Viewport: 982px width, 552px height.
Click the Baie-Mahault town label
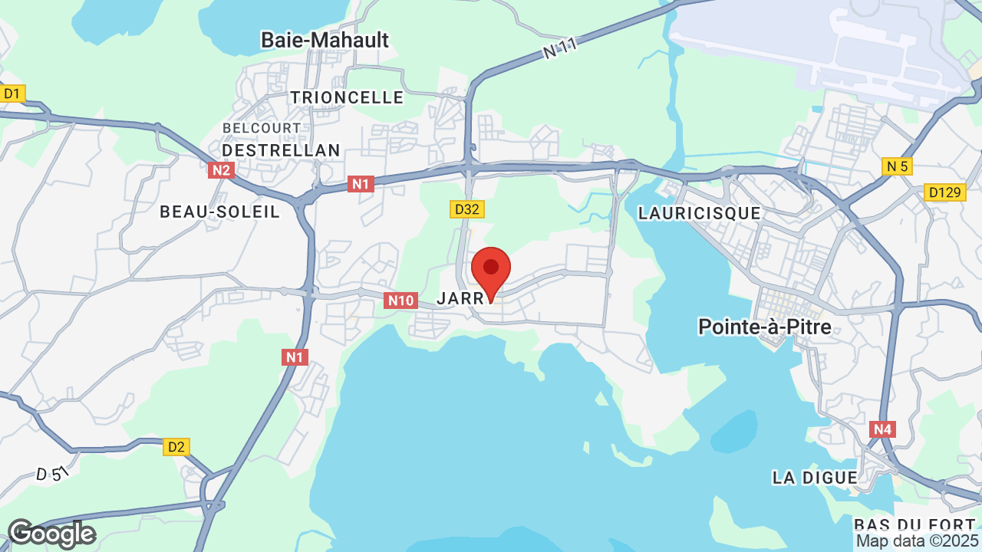click(325, 40)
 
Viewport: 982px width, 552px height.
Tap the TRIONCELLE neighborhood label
click(347, 97)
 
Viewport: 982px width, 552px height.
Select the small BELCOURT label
click(262, 127)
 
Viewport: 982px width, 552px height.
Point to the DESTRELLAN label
click(281, 150)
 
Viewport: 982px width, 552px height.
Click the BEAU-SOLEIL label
click(220, 212)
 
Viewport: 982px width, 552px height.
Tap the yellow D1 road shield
click(12, 94)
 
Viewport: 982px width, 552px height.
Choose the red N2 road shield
click(221, 170)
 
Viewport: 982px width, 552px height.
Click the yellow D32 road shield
click(467, 209)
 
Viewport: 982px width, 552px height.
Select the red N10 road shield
click(400, 301)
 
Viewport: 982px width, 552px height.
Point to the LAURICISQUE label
click(700, 213)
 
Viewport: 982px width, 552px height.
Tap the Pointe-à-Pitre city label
click(765, 327)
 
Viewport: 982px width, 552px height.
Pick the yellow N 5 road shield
click(898, 166)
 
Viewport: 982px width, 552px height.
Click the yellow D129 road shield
click(944, 192)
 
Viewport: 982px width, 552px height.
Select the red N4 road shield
click(882, 429)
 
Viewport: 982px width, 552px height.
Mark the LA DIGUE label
click(815, 478)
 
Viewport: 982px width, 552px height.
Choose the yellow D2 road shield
click(176, 446)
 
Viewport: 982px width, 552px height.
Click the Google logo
click(51, 534)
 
